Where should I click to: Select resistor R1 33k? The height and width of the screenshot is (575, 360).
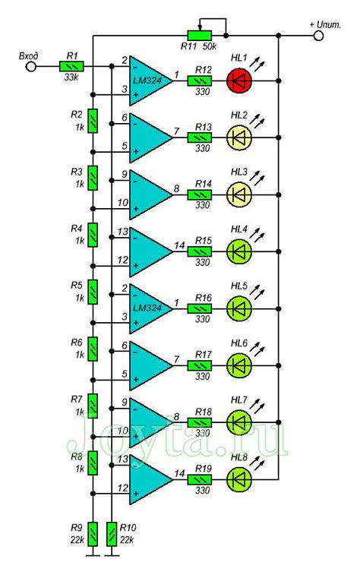pos(72,67)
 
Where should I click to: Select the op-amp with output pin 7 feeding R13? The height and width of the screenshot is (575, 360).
pos(151,136)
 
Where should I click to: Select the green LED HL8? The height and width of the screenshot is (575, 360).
pos(239,479)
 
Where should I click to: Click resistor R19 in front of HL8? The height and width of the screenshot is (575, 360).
pos(202,479)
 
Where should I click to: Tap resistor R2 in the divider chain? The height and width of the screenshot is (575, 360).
pos(92,121)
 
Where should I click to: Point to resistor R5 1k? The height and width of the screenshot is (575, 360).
pos(92,291)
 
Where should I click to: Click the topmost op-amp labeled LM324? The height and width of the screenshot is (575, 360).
pos(151,79)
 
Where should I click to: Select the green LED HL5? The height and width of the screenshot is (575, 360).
pos(239,308)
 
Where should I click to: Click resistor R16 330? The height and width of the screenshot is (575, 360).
pos(202,308)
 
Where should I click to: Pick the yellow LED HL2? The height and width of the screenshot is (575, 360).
pos(239,136)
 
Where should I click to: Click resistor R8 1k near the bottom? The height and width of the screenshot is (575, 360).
pos(92,461)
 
